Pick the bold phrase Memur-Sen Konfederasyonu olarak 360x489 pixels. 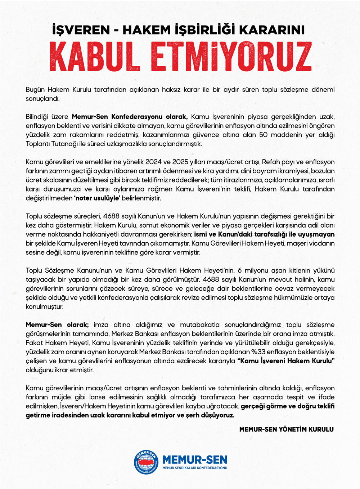point(130,117)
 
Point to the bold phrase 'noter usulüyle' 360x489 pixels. point(97,198)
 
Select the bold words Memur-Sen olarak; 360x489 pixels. point(57,325)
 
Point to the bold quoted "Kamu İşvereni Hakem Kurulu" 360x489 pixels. point(286,361)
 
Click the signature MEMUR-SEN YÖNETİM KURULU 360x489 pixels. point(286,429)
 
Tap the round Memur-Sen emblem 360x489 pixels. point(146,462)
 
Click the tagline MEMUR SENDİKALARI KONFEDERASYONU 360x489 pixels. point(195,468)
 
